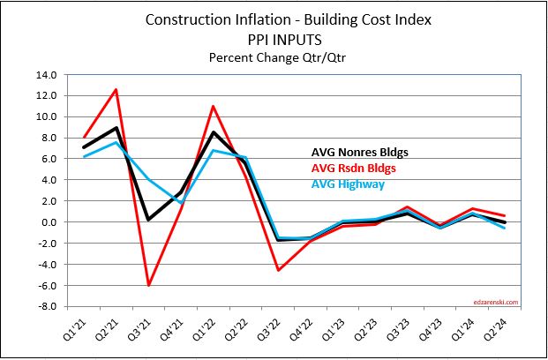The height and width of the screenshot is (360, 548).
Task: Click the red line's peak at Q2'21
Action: [x=116, y=89]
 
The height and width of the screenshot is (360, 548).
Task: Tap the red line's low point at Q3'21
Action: [x=148, y=285]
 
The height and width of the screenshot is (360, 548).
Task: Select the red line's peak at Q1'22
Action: [x=214, y=106]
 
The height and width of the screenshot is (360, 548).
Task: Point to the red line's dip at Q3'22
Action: [x=279, y=270]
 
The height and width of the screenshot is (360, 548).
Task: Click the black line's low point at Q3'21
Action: [x=148, y=219]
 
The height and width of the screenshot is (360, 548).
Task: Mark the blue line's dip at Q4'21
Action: [x=181, y=204]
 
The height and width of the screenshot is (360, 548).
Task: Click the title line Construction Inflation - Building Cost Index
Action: [x=273, y=20]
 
